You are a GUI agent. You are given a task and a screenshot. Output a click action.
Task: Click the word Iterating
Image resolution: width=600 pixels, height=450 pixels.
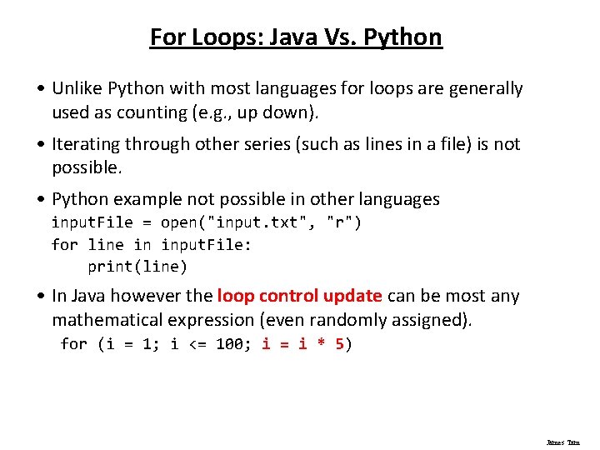click(x=86, y=144)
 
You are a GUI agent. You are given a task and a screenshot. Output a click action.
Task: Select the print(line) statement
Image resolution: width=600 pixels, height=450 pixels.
click(x=137, y=267)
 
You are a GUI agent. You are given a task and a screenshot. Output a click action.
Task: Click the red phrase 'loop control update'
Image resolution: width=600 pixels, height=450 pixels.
click(x=299, y=296)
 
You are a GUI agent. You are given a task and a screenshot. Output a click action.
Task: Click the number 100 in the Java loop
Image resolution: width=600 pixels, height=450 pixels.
click(x=229, y=344)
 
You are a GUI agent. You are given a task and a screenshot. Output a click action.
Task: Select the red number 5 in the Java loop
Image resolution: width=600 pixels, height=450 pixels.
click(x=340, y=344)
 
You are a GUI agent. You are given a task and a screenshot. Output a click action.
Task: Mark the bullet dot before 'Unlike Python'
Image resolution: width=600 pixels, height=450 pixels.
click(x=41, y=89)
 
